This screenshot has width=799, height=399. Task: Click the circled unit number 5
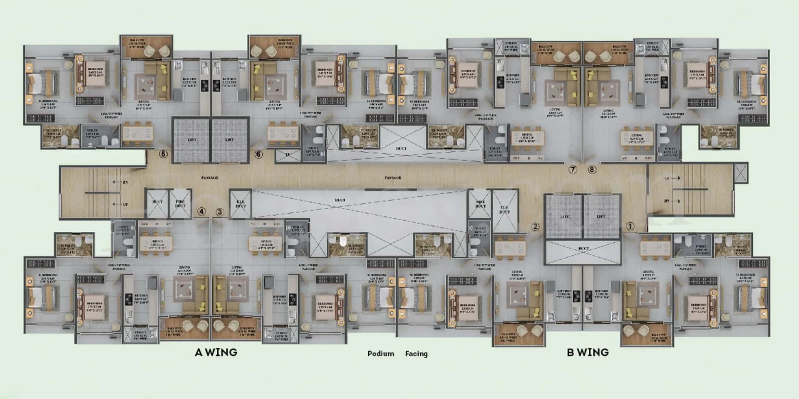pyautogui.click(x=163, y=154)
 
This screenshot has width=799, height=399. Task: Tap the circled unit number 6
pyautogui.click(x=258, y=154)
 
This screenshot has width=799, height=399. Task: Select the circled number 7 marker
pyautogui.click(x=573, y=170)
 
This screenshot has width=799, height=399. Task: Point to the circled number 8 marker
pyautogui.click(x=592, y=170)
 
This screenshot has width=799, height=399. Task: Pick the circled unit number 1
pyautogui.click(x=630, y=227)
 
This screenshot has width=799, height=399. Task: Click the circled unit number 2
pyautogui.click(x=535, y=227)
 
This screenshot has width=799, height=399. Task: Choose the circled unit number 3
pyautogui.click(x=220, y=212)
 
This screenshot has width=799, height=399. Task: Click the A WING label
pyautogui.click(x=216, y=352)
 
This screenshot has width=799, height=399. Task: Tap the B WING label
pyautogui.click(x=588, y=352)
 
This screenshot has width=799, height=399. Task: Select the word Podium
pyautogui.click(x=381, y=354)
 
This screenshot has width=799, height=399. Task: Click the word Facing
pyautogui.click(x=416, y=354)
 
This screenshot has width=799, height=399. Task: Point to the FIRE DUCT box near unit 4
pyautogui.click(x=180, y=204)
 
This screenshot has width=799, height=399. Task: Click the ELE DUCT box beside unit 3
pyautogui.click(x=241, y=204)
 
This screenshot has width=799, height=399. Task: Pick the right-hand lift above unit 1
pyautogui.click(x=601, y=216)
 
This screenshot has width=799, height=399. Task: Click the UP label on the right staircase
pyautogui.click(x=667, y=178)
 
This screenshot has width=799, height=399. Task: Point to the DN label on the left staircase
pyautogui.click(x=125, y=182)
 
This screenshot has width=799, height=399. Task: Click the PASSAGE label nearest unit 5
pyautogui.click(x=210, y=177)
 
